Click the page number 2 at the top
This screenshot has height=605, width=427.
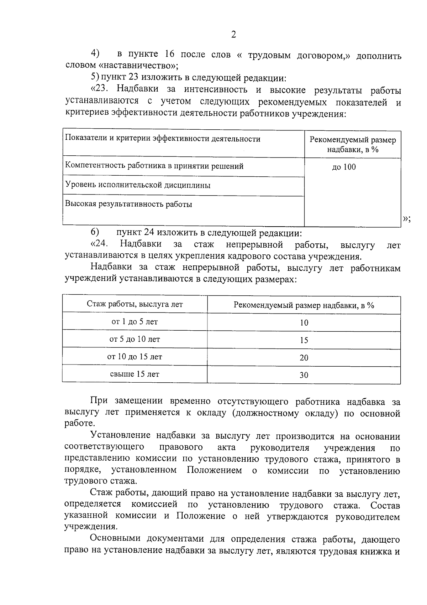233,35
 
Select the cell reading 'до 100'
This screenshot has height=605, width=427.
344,167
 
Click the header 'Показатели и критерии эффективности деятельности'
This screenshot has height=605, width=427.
163,139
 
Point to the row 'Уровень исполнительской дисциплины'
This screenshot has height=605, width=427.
138,185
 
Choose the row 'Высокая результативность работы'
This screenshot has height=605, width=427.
128,205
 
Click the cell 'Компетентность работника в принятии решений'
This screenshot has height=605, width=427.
154,166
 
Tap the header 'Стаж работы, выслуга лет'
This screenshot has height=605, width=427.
135,304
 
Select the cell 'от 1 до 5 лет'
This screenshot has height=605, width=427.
135,322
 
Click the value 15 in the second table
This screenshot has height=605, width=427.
304,340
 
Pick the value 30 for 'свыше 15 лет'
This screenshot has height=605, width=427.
304,375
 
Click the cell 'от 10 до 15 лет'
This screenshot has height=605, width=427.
135,357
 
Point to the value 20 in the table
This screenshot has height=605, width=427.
304,358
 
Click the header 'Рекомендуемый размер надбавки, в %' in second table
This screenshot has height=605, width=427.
304,305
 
